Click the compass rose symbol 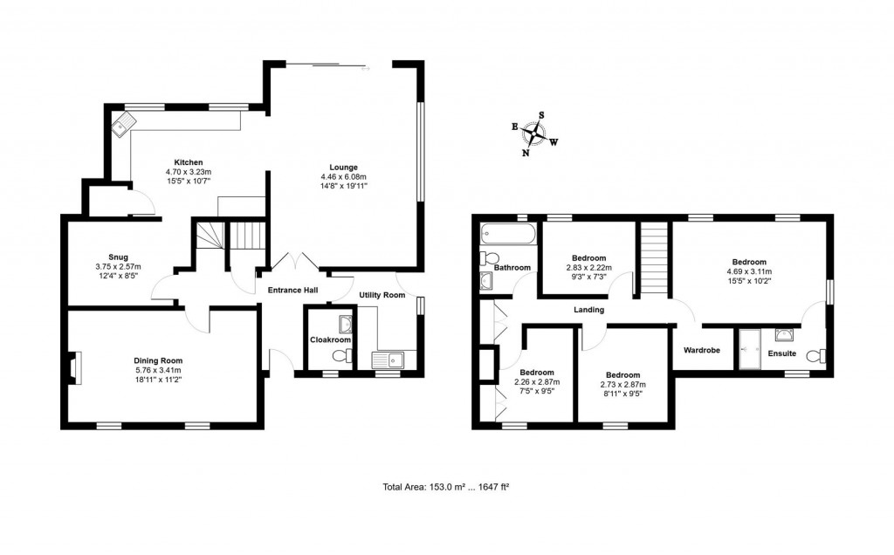[x=535, y=134]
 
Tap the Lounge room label [x=343, y=168]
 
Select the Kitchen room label [x=189, y=162]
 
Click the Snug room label [x=117, y=257]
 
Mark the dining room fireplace [x=73, y=367]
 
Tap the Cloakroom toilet [x=347, y=354]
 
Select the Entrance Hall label [x=292, y=291]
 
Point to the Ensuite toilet [x=816, y=356]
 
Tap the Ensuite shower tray [x=751, y=350]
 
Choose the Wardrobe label [x=701, y=351]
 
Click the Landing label [x=588, y=310]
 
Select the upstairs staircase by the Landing [x=653, y=259]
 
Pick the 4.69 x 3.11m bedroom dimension [x=749, y=271]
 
